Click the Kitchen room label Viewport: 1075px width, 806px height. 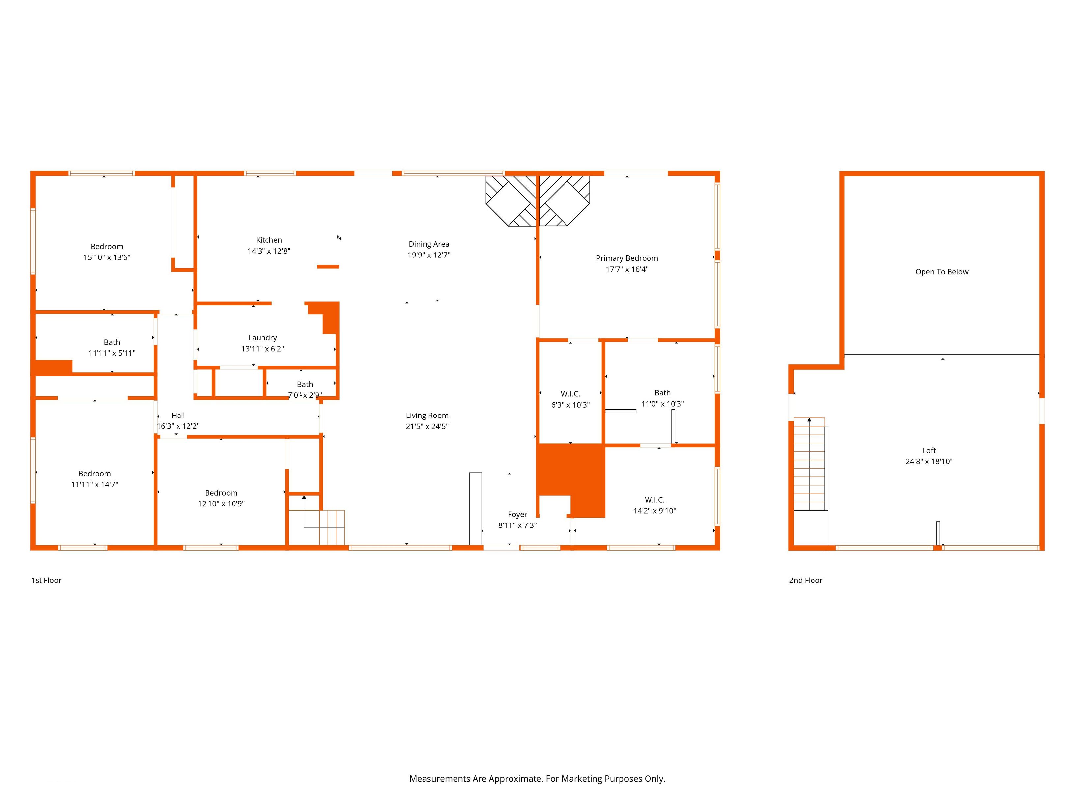pos(269,240)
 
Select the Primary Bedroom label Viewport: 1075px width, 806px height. pos(627,258)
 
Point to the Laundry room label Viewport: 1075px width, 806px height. pos(262,338)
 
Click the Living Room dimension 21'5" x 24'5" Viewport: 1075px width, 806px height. pos(427,427)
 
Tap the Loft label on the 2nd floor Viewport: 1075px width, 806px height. pos(929,451)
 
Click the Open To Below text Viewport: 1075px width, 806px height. pos(941,272)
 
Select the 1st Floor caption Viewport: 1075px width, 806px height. pos(47,580)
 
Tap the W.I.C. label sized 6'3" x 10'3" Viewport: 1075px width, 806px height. pos(570,394)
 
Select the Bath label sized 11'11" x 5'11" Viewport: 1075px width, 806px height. pos(112,342)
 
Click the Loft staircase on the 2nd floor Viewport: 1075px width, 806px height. pos(810,464)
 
